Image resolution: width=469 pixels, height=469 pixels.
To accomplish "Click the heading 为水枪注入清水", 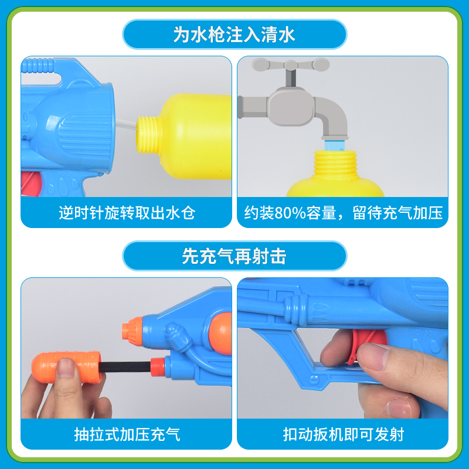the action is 234,35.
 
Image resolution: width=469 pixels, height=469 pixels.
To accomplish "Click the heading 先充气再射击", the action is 234,256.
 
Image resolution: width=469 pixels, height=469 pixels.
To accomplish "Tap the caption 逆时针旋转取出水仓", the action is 127,213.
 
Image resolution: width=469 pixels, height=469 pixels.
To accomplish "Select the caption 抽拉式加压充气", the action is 127,434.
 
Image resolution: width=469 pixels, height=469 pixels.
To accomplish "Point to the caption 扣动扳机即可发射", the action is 343,434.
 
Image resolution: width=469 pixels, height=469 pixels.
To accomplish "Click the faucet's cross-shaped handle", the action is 291,65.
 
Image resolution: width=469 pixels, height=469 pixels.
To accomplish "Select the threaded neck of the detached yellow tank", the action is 149,134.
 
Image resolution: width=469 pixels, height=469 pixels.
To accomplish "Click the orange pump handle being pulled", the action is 66,367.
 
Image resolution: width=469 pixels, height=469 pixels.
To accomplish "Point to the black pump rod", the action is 125,367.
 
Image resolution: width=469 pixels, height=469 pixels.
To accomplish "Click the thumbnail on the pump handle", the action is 65,368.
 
